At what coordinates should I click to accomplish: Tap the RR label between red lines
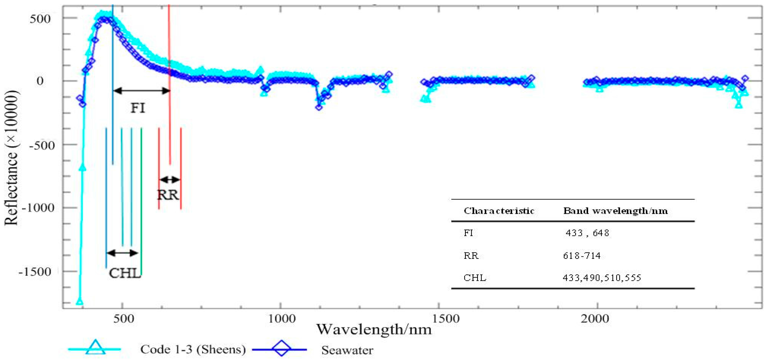pyautogui.click(x=168, y=195)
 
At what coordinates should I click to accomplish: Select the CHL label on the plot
pyautogui.click(x=125, y=273)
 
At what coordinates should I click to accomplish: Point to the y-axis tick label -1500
pyautogui.click(x=35, y=272)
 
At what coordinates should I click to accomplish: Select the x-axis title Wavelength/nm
pyautogui.click(x=374, y=329)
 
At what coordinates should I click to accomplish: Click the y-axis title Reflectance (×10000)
pyautogui.click(x=11, y=158)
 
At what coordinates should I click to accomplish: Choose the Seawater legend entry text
pyautogui.click(x=347, y=350)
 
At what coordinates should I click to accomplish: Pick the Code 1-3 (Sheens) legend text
pyautogui.click(x=193, y=349)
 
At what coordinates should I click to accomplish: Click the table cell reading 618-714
pyautogui.click(x=581, y=256)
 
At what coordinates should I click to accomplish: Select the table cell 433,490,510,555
pyautogui.click(x=602, y=278)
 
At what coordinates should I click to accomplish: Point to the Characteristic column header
pyautogui.click(x=499, y=211)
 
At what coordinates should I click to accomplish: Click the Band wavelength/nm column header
pyautogui.click(x=615, y=211)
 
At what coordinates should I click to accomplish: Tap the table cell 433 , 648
pyautogui.click(x=587, y=233)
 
